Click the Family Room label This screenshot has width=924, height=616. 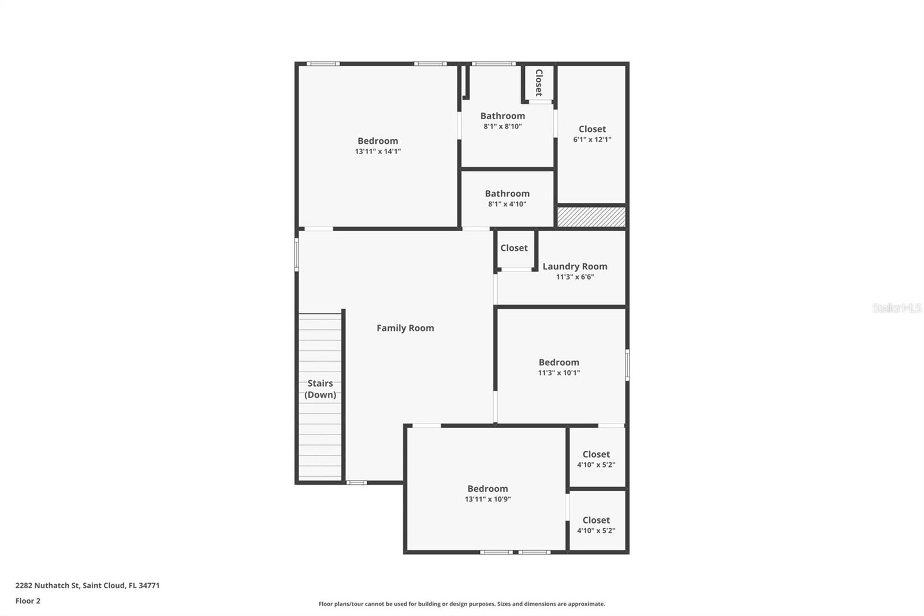(405, 328)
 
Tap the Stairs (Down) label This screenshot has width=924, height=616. (320, 389)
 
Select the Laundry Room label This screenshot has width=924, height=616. (575, 266)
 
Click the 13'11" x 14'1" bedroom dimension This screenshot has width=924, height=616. (378, 151)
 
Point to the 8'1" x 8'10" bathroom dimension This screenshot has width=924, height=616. (502, 127)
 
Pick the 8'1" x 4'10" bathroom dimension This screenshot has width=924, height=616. (507, 204)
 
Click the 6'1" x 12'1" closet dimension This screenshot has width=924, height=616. (592, 139)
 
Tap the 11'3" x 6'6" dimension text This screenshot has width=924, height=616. (575, 277)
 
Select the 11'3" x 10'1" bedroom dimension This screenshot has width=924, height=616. (558, 373)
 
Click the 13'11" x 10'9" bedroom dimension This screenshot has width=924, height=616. (487, 499)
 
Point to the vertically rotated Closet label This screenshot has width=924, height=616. (539, 83)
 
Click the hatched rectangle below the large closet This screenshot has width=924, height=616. (591, 217)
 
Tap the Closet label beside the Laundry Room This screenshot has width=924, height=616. (514, 248)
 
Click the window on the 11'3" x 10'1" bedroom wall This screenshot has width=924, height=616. (627, 365)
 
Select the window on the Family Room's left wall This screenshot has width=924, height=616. (296, 255)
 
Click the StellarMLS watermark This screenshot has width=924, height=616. (896, 308)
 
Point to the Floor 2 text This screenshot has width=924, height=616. (28, 601)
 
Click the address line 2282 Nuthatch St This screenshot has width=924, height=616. (87, 585)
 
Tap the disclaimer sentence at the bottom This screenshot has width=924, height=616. (461, 604)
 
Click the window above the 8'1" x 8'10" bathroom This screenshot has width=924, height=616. (493, 64)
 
